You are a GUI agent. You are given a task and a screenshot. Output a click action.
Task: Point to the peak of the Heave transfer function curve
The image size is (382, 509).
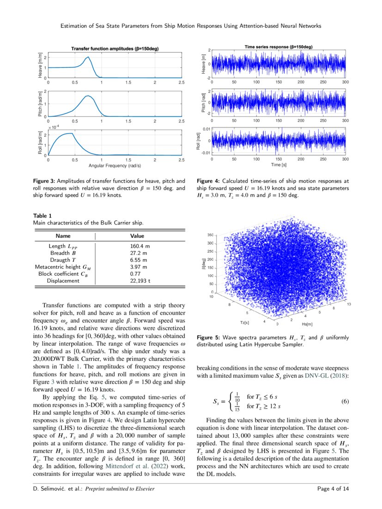coord(87,57)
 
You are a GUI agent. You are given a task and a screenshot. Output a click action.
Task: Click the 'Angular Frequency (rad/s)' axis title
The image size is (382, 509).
coord(115,165)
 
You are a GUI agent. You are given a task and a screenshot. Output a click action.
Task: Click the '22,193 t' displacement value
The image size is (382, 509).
coord(140,280)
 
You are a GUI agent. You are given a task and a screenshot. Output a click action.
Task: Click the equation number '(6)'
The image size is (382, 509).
coord(344,401)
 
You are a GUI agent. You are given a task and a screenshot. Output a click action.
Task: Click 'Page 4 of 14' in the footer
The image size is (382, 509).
coord(333,489)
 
